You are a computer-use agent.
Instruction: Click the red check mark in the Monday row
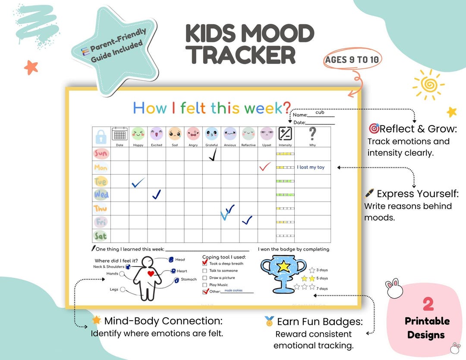265,167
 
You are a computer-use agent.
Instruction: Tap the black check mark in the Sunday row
212,154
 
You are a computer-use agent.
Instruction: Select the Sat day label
101,236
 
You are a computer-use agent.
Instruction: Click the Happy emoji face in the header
138,134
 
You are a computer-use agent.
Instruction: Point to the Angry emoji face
193,134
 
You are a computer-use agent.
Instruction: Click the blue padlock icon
101,137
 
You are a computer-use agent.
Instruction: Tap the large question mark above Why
312,134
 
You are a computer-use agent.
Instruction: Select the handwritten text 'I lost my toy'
311,167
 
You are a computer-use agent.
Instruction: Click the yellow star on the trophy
283,267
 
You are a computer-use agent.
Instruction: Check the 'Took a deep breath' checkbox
205,263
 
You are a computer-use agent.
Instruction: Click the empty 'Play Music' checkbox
205,285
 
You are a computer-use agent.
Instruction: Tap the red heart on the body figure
151,274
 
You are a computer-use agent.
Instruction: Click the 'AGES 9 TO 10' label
352,60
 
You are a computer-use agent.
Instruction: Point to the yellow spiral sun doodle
428,84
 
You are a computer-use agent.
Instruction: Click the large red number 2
428,304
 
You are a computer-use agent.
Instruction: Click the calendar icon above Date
120,134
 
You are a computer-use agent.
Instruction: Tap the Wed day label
101,195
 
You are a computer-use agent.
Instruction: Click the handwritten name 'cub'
320,112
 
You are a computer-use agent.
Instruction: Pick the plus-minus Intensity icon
285,133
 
